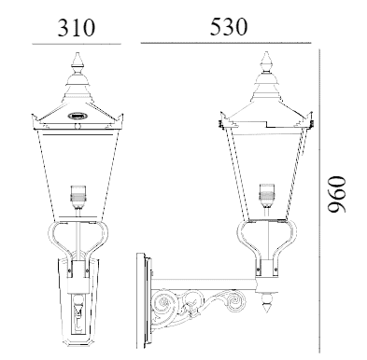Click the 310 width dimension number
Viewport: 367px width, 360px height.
click(77, 27)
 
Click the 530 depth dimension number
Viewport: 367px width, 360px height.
click(229, 26)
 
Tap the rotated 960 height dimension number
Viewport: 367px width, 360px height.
click(337, 195)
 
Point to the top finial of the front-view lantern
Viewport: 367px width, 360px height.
click(77, 62)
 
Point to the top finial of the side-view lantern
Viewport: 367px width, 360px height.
click(266, 62)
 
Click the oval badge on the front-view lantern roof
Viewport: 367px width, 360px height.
click(77, 116)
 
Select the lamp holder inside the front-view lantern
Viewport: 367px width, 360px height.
click(78, 197)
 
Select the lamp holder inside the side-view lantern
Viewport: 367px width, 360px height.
click(266, 195)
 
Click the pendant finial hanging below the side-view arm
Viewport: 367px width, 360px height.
click(267, 301)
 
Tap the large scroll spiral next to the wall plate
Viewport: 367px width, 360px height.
click(164, 304)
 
